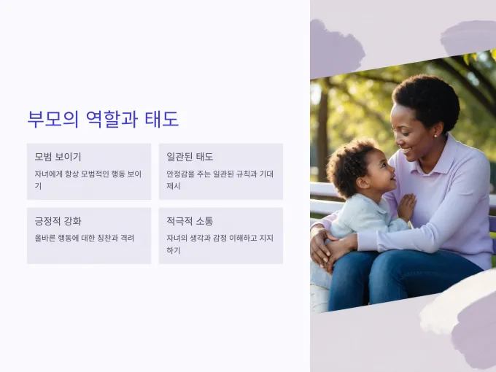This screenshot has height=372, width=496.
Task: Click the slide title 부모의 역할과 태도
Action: (103, 119)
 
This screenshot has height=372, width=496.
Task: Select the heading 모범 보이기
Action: (58, 157)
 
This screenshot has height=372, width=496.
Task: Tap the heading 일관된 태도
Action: (190, 157)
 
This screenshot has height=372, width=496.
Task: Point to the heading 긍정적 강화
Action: (58, 221)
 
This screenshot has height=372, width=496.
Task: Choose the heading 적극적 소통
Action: (190, 221)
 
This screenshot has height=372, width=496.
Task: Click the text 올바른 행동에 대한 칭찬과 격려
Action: (85, 238)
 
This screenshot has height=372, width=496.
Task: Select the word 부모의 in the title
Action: (53, 119)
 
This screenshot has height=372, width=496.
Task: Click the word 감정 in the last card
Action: (220, 238)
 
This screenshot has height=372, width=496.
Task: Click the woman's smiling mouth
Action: (406, 150)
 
